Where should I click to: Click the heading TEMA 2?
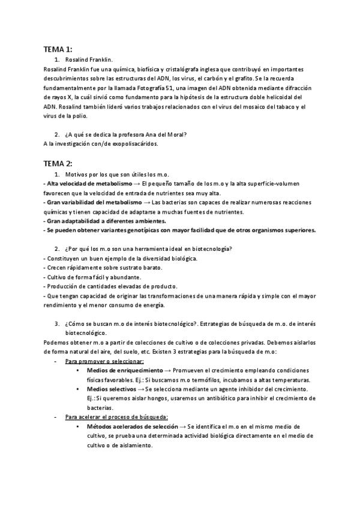(58, 163)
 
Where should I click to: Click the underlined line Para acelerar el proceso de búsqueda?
(116, 417)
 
